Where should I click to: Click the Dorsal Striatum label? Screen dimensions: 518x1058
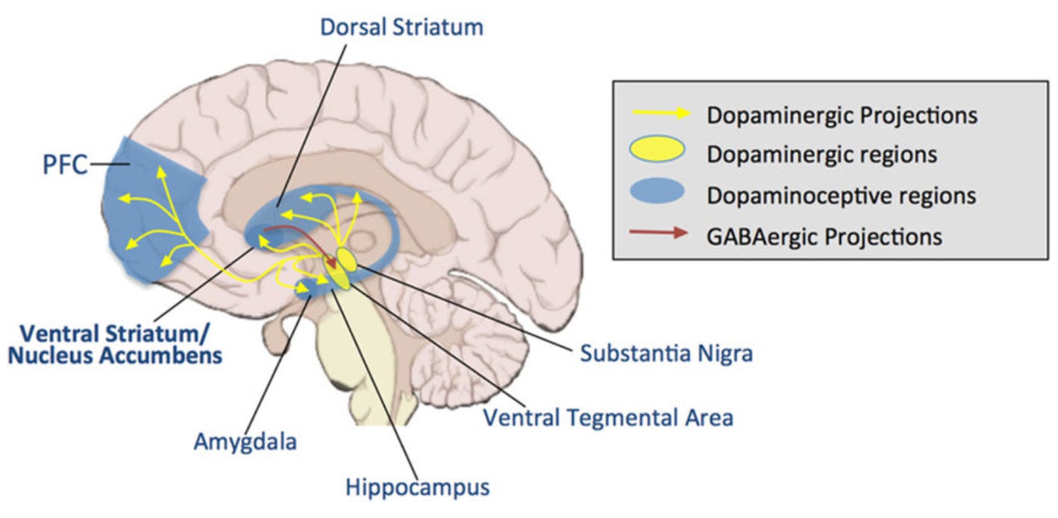[402, 28]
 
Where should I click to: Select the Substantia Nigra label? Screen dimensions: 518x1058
[666, 352]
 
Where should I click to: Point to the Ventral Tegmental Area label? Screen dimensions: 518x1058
[607, 416]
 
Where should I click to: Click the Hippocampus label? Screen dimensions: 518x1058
[417, 487]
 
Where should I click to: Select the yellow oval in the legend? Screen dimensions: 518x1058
[657, 155]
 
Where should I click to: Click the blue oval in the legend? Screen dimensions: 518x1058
[657, 195]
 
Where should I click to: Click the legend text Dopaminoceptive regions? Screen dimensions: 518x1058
[841, 196]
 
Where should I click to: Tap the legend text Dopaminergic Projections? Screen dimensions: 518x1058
[841, 116]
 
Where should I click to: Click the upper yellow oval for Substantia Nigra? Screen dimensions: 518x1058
[347, 259]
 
